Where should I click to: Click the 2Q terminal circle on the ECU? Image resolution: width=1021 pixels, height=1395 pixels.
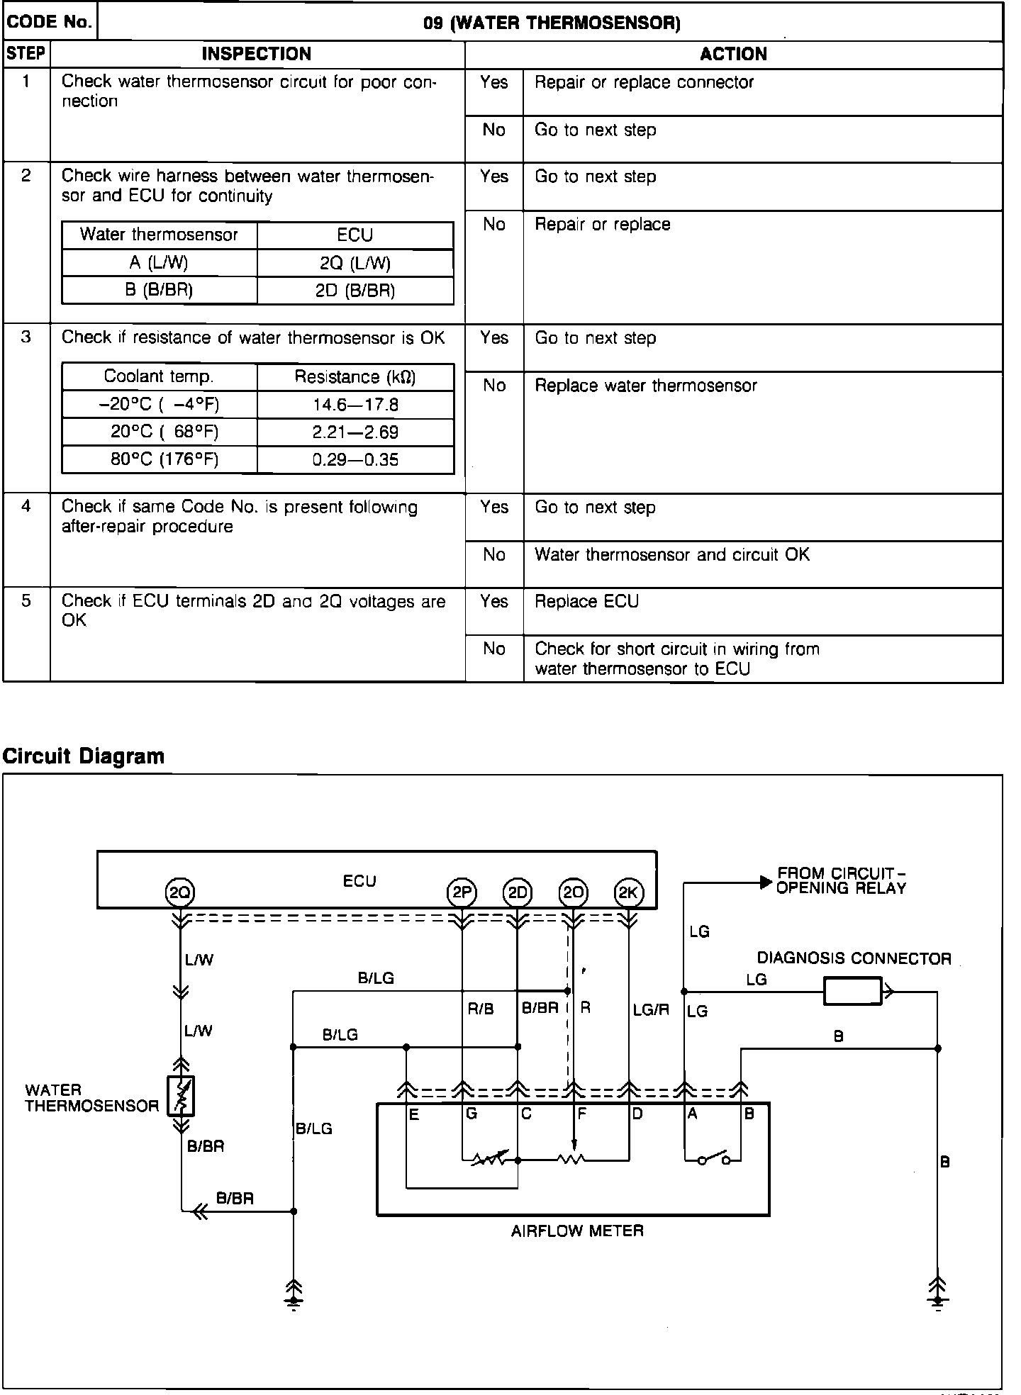click(179, 892)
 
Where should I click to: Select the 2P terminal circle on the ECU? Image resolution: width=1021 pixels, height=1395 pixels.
click(462, 892)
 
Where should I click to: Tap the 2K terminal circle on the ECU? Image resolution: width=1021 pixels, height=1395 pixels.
click(628, 892)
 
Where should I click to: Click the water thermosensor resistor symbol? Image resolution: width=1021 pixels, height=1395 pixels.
click(181, 1096)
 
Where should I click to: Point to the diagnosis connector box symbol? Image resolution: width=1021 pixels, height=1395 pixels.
click(853, 991)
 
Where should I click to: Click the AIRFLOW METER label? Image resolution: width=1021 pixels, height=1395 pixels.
click(577, 1231)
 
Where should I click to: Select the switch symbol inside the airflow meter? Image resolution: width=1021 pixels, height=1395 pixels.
click(713, 1160)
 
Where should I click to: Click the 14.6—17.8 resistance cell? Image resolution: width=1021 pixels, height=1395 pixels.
click(355, 405)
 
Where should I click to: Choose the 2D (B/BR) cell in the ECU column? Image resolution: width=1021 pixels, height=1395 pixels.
click(355, 291)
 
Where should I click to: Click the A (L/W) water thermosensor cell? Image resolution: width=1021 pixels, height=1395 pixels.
click(159, 263)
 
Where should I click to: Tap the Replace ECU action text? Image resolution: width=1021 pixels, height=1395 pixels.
click(586, 602)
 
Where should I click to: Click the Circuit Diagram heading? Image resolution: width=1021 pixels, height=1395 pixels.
click(84, 756)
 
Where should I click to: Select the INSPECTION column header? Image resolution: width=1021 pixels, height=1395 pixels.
click(257, 55)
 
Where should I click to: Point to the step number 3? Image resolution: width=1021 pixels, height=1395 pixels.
click(26, 337)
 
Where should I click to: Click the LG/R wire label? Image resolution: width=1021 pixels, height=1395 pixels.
click(651, 1009)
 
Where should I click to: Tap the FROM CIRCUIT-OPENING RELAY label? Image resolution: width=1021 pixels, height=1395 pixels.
click(841, 881)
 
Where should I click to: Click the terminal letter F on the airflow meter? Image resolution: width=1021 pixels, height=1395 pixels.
click(582, 1114)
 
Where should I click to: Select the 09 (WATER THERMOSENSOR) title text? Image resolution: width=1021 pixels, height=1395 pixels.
click(552, 23)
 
